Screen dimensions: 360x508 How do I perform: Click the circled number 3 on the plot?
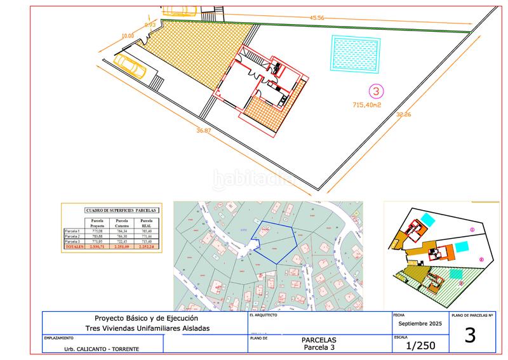pyautogui.click(x=377, y=91)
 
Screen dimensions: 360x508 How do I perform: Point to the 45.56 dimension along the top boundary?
pyautogui.click(x=317, y=18)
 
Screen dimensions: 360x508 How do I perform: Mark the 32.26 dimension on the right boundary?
pyautogui.click(x=403, y=115)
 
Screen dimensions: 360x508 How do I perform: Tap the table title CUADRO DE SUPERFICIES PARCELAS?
pyautogui.click(x=121, y=210)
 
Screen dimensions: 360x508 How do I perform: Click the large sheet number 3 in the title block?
pyautogui.click(x=470, y=336)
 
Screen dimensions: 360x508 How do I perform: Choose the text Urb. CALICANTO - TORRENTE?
pyautogui.click(x=102, y=349)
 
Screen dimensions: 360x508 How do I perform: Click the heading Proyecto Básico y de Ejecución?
pyautogui.click(x=147, y=318)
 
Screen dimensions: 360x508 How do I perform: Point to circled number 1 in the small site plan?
pyautogui.click(x=472, y=229)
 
